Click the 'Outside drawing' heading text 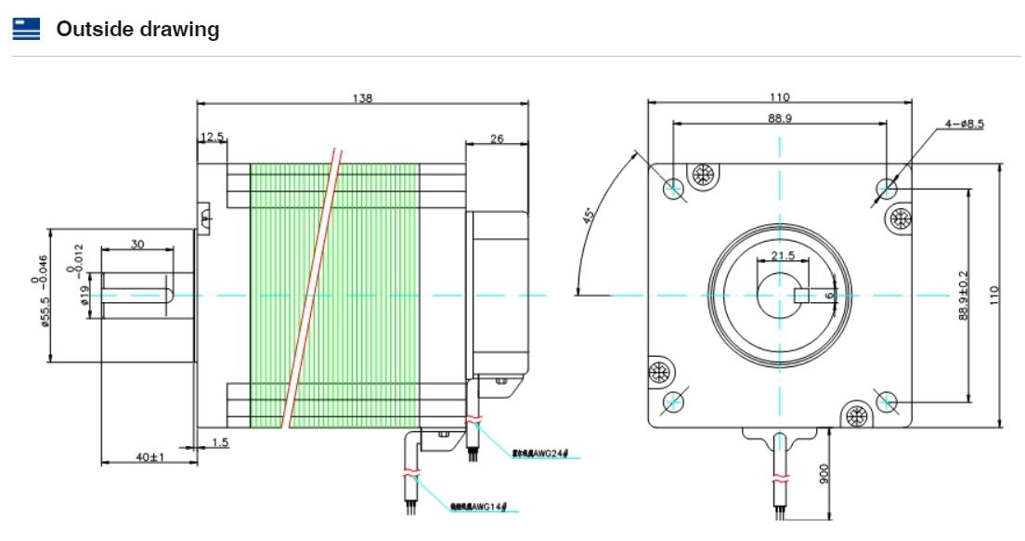137,29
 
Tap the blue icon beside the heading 26,29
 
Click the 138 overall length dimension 362,98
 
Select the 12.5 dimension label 213,137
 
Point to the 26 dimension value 496,139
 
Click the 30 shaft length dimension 137,244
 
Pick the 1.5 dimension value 220,442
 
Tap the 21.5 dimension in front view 783,255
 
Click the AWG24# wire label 545,454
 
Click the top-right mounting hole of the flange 886,190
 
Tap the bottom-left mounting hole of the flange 673,402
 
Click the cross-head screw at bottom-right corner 857,414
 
